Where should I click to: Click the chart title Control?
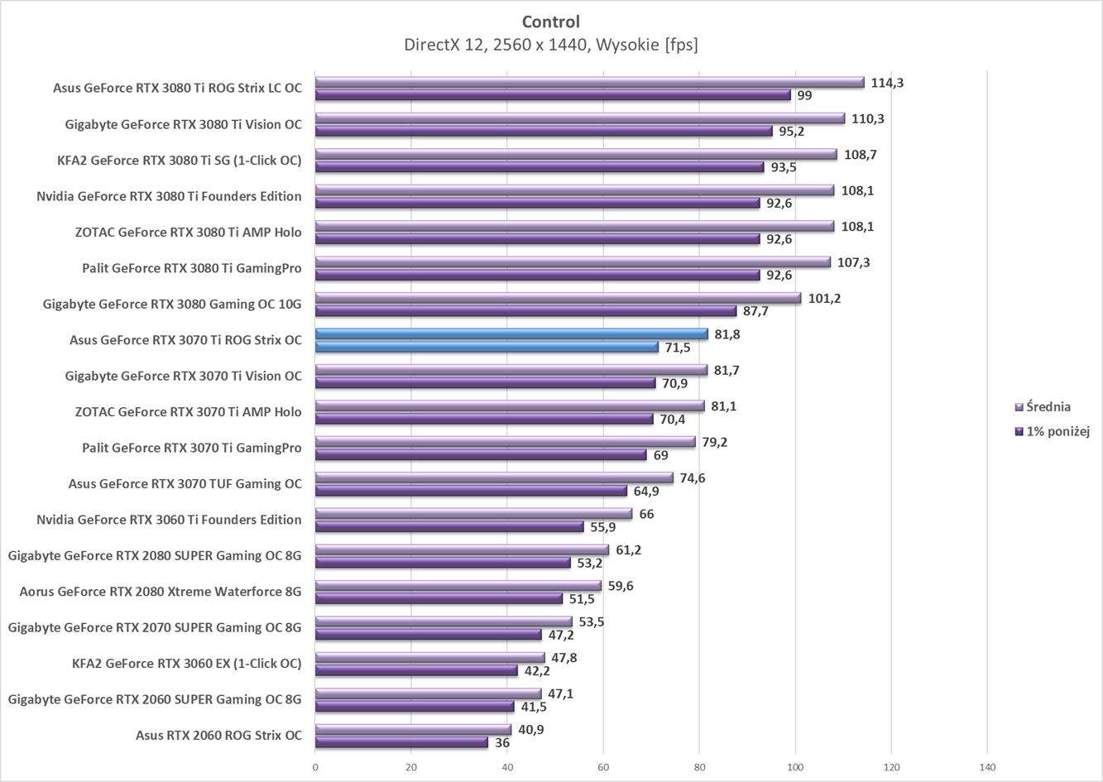pos(550,22)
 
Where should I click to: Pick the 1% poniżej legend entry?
pos(1057,431)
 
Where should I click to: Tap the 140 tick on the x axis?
pos(987,767)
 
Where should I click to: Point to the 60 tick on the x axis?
pos(603,767)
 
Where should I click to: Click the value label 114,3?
pos(887,83)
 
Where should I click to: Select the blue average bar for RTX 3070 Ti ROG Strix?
pos(511,334)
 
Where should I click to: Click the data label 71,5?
pos(679,348)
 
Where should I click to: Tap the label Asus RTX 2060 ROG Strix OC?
pos(218,735)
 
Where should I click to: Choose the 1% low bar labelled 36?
pos(401,743)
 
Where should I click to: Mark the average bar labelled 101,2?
pos(558,298)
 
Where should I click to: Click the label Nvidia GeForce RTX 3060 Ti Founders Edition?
pos(169,520)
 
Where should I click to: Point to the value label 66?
pos(646,514)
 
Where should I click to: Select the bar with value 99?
pos(553,95)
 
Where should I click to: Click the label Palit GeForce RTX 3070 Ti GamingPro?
pos(191,448)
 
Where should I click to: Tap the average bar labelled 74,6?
pos(494,477)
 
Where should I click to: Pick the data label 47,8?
pos(564,658)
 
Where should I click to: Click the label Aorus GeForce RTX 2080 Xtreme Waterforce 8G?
pos(161,592)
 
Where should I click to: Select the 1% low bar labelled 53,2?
pos(443,564)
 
